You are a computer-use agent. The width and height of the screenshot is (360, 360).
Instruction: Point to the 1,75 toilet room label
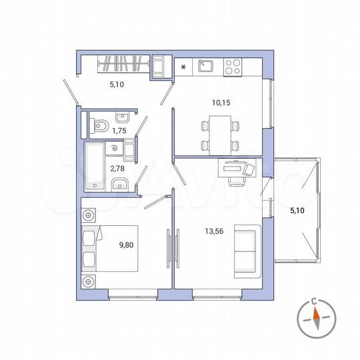[119, 131]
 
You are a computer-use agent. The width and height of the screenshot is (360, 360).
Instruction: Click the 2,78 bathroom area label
[119, 169]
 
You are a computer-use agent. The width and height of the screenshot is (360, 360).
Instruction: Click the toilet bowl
[100, 124]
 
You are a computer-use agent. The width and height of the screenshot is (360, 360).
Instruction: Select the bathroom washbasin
[119, 185]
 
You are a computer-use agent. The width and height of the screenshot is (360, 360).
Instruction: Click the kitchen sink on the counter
[205, 66]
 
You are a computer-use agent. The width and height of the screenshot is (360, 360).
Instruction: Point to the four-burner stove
[232, 66]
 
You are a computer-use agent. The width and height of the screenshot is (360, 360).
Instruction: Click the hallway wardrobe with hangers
[123, 64]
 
